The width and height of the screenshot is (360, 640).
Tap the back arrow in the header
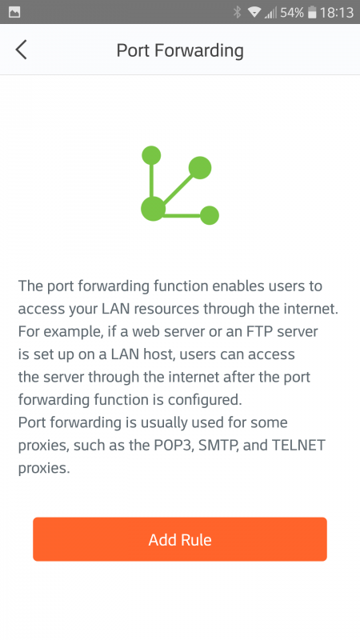pos(22,50)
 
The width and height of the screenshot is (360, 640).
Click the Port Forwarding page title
pos(180,50)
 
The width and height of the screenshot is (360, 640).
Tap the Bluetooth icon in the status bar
pos(237,12)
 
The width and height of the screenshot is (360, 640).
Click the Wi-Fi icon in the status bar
pos(254,12)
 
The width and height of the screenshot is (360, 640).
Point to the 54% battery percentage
pos(292,13)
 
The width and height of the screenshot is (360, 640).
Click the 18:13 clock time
pos(337,13)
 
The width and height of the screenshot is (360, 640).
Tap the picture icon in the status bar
pos(14,12)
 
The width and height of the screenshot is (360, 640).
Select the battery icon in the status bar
pos(312,12)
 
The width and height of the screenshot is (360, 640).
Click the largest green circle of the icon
pos(153,209)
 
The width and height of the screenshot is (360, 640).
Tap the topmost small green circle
pos(151,155)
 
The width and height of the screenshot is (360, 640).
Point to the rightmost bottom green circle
pos(210,215)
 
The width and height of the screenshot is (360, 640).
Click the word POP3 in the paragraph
pos(171,445)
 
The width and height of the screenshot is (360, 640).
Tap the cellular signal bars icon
pos(270,13)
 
